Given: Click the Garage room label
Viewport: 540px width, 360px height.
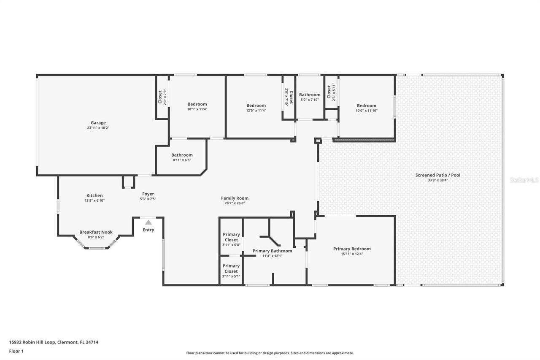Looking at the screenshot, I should tap(98, 123).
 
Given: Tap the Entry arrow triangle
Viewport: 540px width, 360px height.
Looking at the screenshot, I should tap(148, 222).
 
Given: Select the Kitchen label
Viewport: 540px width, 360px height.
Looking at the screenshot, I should tap(94, 195).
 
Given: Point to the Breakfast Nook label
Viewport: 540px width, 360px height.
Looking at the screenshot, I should tap(96, 232).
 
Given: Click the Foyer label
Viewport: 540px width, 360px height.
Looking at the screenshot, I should tap(148, 194).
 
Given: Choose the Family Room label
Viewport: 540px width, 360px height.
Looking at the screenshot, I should tap(235, 198).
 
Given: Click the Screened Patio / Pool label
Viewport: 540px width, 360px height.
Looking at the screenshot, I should tap(437, 175).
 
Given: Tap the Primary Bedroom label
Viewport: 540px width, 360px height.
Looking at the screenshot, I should tap(352, 249).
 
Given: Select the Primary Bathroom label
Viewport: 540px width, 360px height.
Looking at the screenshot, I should tap(272, 251).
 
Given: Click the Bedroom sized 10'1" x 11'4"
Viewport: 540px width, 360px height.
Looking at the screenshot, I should tap(197, 104).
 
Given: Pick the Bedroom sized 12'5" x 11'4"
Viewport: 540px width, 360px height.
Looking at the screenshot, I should tap(256, 106).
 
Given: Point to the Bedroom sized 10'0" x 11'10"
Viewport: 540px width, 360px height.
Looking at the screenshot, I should tap(366, 106).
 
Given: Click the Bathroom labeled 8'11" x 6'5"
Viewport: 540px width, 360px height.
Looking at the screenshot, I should tap(182, 155).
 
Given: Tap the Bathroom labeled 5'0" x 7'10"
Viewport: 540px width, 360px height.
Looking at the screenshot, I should tap(310, 95).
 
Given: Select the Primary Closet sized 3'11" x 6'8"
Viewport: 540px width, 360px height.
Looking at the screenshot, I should tap(231, 237).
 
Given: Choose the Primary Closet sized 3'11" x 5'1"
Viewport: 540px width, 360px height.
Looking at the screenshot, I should tap(231, 269).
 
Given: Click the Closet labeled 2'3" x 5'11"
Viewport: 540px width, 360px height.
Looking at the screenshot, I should tap(329, 92).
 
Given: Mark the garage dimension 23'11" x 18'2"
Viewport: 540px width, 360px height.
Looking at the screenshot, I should tap(98, 127).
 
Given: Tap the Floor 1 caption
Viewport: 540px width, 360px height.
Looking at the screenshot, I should tap(16, 351).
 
